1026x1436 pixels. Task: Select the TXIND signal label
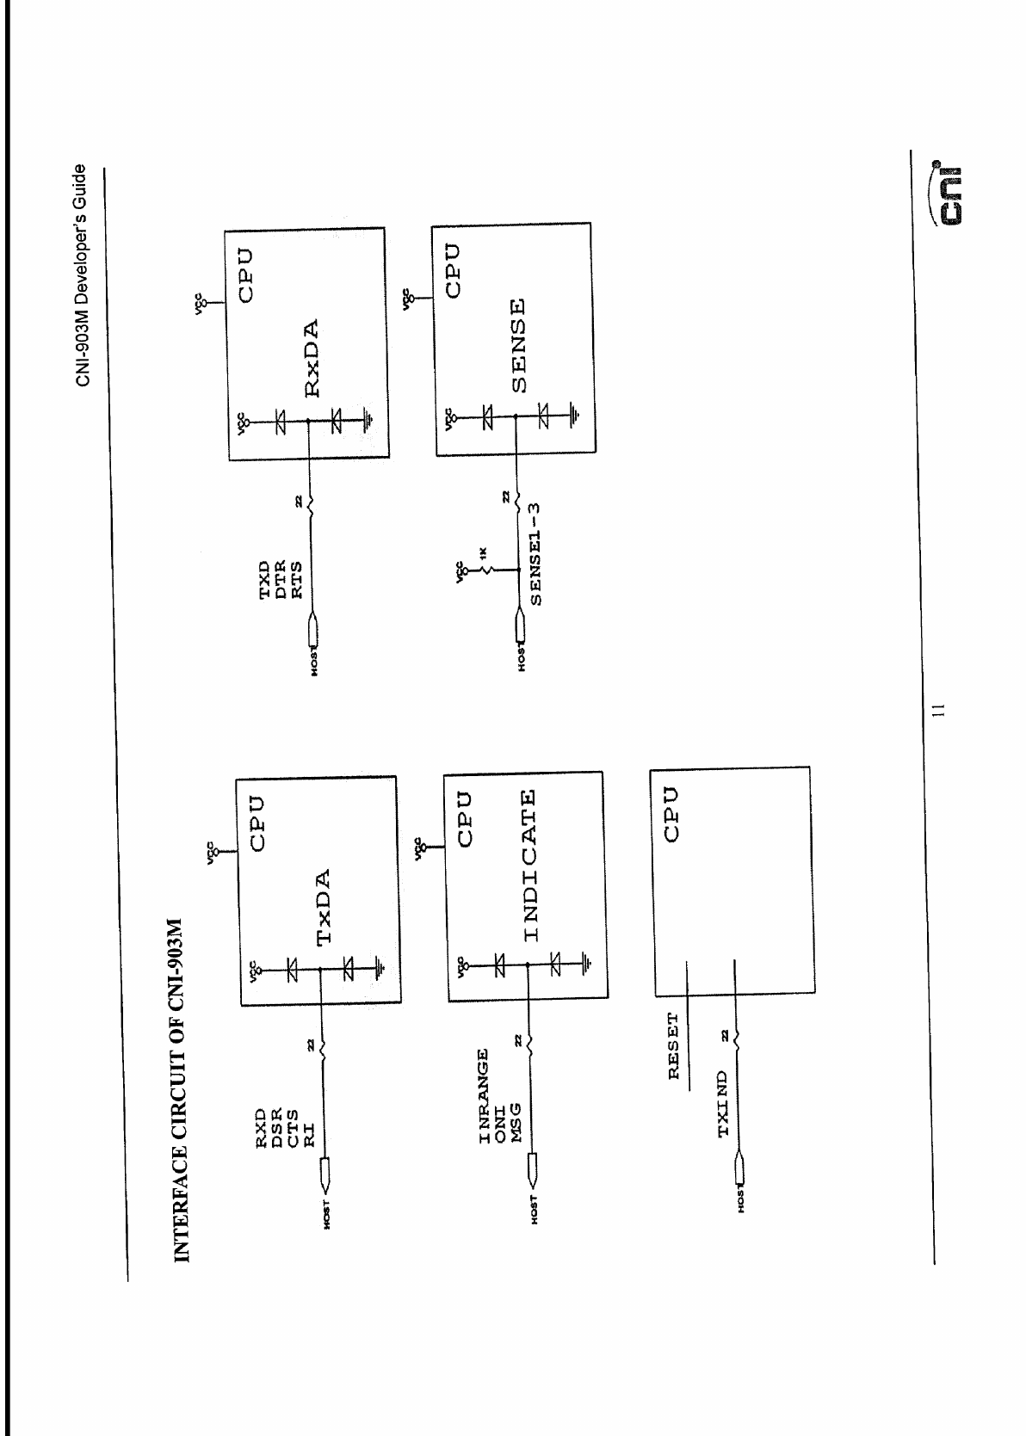tap(723, 1104)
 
